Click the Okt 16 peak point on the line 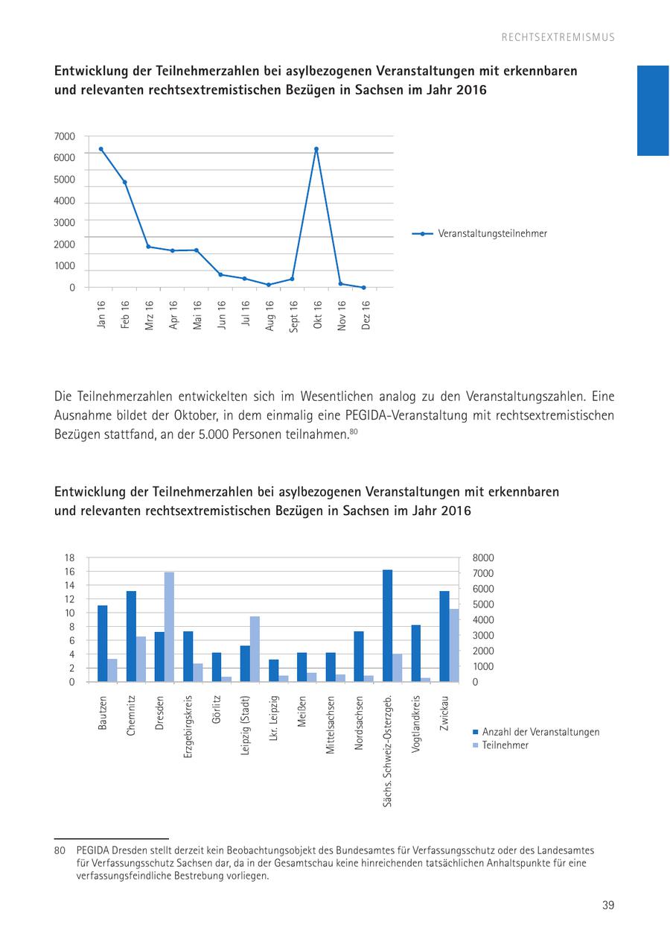tap(316, 149)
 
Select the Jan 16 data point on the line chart tap(100, 149)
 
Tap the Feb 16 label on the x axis tap(125, 315)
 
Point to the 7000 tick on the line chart tap(65, 136)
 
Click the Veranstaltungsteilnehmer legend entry tap(492, 233)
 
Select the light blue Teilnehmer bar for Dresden tap(169, 627)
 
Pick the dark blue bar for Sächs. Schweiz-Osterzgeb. tap(387, 626)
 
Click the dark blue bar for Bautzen tap(102, 643)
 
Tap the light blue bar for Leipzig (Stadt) tap(255, 648)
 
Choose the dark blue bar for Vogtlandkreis tap(416, 653)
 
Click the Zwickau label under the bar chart tap(444, 713)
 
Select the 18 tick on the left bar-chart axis tap(70, 558)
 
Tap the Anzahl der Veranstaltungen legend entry tap(540, 732)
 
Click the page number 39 tap(608, 906)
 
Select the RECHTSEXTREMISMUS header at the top tap(558, 37)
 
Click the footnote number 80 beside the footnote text tap(60, 850)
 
